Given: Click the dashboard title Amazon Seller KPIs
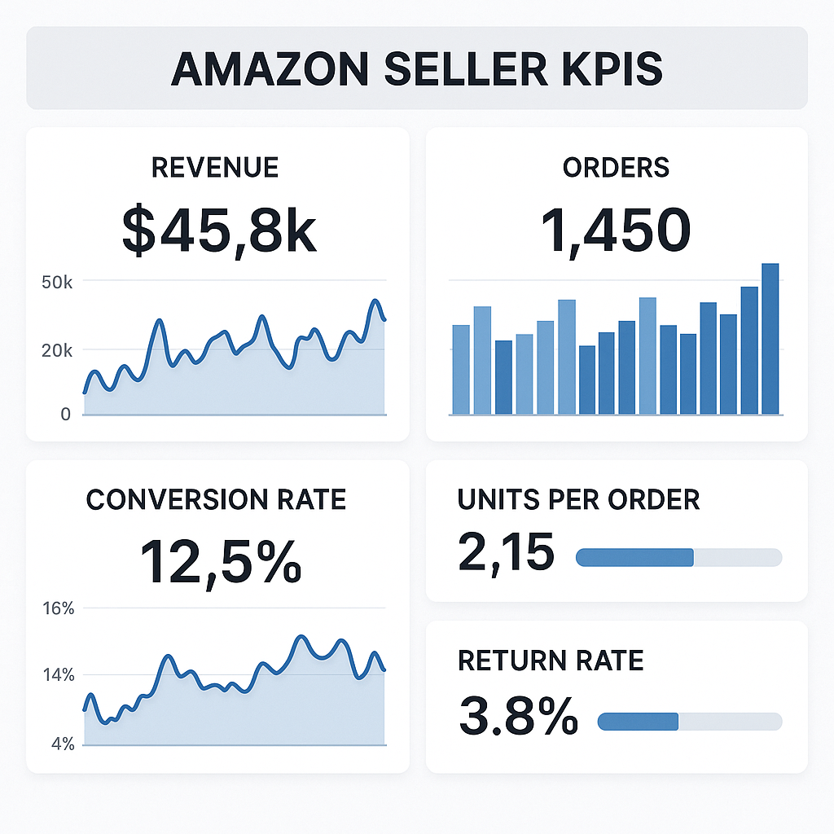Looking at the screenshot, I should pos(416,68).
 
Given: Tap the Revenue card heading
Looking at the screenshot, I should pos(215,168).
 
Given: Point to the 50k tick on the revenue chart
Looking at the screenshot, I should pos(58,282).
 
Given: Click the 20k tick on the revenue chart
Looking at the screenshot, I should pos(58,350).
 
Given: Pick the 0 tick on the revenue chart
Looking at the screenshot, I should pos(66,415).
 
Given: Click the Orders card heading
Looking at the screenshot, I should pos(616,168).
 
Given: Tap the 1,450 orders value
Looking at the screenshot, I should pos(616,230).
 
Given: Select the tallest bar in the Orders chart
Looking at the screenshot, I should pos(770,338).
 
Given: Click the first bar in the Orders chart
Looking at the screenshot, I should pos(461,369).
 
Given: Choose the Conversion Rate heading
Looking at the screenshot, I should pos(216,499).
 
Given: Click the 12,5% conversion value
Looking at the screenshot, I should pos(220,561).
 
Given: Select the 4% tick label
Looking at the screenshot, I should pos(62,744).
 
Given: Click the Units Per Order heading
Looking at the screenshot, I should pos(578,499).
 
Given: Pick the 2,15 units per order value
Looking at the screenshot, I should pos(506,552).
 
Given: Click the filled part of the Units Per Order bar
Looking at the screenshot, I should pos(634,557).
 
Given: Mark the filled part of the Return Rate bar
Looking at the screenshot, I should pos(638,722).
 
